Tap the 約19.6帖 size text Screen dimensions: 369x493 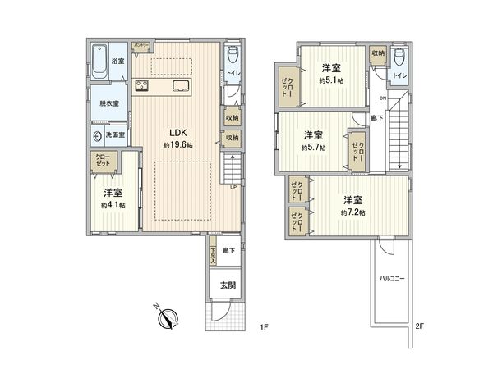pyautogui.click(x=177, y=145)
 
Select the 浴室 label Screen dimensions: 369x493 pyautogui.click(x=117, y=60)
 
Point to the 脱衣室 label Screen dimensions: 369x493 pyautogui.click(x=109, y=104)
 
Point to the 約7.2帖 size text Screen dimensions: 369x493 pyautogui.click(x=354, y=212)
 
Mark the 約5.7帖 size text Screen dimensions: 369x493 pyautogui.click(x=312, y=148)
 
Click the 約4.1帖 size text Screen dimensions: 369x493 pyautogui.click(x=113, y=205)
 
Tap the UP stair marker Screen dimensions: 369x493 pyautogui.click(x=234, y=186)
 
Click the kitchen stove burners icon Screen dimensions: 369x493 pyautogui.click(x=141, y=86)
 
